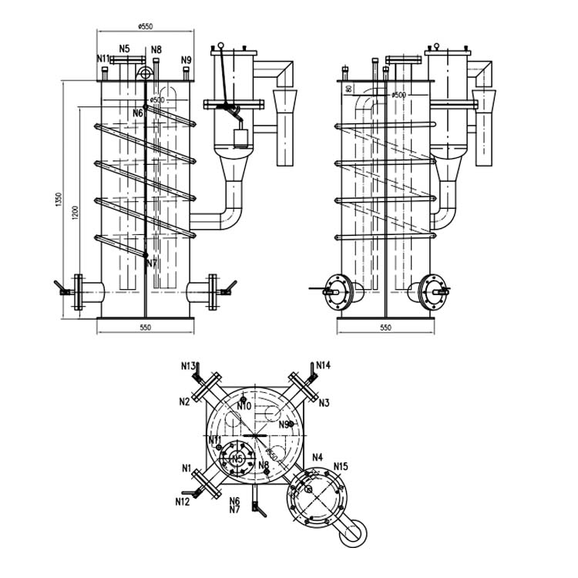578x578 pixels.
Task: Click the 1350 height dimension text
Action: (58, 199)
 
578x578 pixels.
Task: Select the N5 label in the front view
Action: (124, 48)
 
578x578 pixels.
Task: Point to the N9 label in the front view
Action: (186, 59)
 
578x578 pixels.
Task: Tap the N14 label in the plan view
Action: (323, 365)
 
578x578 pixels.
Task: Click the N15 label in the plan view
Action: (341, 466)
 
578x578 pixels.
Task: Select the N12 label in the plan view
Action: (182, 502)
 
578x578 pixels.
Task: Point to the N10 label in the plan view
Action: (244, 406)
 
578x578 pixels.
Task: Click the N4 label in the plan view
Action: (317, 458)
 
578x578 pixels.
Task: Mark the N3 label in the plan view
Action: (324, 402)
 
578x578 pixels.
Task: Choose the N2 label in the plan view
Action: (185, 402)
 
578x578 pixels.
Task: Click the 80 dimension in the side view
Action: (349, 89)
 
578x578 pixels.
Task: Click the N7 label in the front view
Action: (151, 263)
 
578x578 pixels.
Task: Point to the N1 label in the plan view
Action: (187, 468)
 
